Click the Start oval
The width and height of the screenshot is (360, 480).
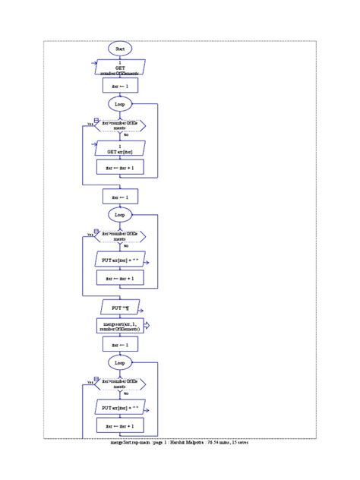[x=119, y=48]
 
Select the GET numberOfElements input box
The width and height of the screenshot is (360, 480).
[x=119, y=68]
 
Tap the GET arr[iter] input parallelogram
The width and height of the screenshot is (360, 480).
[x=119, y=148]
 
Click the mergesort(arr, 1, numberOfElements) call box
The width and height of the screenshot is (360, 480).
[x=119, y=325]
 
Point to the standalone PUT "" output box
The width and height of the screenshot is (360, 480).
[x=119, y=307]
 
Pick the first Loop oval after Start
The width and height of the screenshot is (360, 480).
[x=119, y=103]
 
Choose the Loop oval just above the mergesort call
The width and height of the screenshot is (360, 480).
[x=119, y=215]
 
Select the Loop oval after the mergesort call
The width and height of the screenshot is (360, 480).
[x=119, y=363]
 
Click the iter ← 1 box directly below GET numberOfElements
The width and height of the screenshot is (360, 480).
[x=119, y=87]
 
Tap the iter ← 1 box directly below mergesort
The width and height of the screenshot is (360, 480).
[x=119, y=344]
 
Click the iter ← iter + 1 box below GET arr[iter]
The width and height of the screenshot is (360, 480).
[x=119, y=167]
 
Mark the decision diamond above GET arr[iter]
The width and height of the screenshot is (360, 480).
[x=119, y=125]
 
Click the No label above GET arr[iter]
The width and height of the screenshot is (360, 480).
[x=125, y=135]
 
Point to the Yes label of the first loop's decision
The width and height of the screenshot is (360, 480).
[x=90, y=124]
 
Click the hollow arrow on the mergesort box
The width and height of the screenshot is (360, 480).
[x=147, y=325]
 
